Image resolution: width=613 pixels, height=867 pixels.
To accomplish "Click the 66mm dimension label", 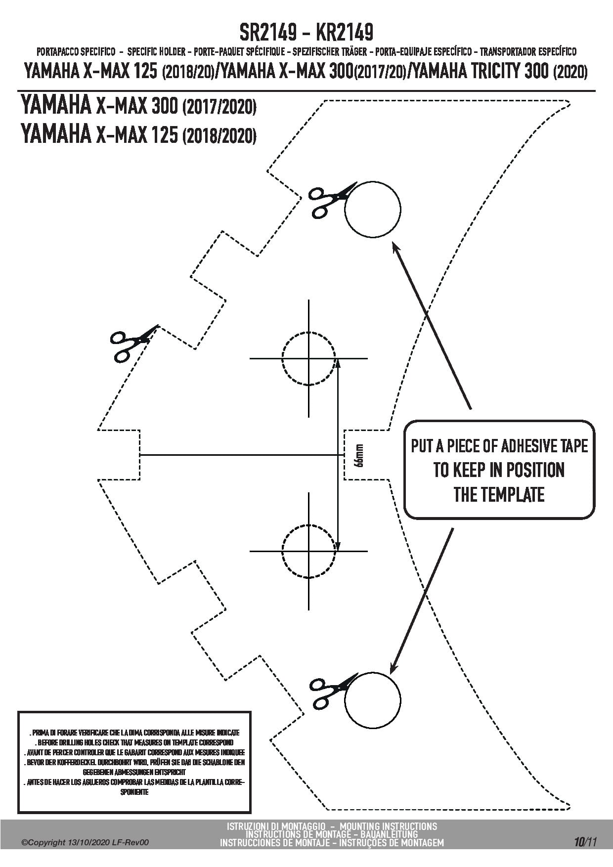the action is pos(360,455).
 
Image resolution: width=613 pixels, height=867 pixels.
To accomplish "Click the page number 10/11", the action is pos(585,841).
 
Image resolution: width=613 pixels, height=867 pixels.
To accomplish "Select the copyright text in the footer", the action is pos(86,843).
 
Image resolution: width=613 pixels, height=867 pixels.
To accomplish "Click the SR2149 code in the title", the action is pos(268,33).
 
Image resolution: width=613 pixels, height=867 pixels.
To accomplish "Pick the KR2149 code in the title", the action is pos(344,33).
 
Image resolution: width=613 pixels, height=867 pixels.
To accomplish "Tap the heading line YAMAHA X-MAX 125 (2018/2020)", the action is pos(138,133).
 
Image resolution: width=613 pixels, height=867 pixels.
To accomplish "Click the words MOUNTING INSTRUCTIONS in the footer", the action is pos(389,826).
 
